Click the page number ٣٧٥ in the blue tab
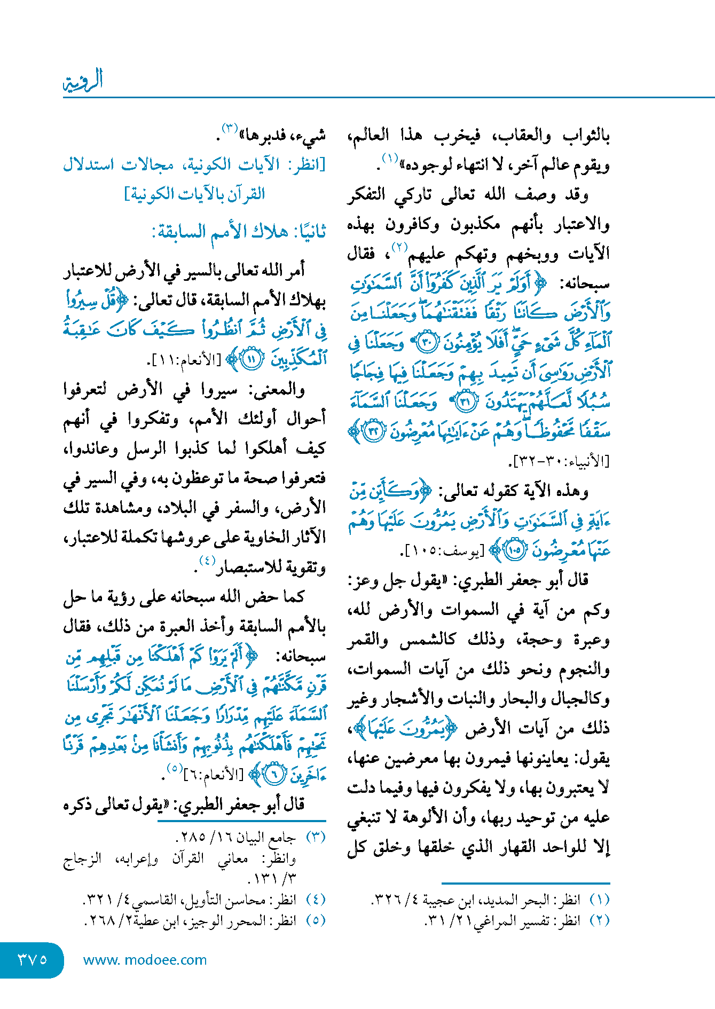(x=33, y=959)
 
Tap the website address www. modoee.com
(x=145, y=960)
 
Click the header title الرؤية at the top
(x=83, y=81)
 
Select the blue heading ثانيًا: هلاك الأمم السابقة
(x=239, y=232)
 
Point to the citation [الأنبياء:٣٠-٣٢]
(x=561, y=460)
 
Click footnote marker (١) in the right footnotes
(x=599, y=900)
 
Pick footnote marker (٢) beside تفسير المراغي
(x=599, y=920)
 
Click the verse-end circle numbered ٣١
(x=464, y=402)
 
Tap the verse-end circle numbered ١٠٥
(x=515, y=550)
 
